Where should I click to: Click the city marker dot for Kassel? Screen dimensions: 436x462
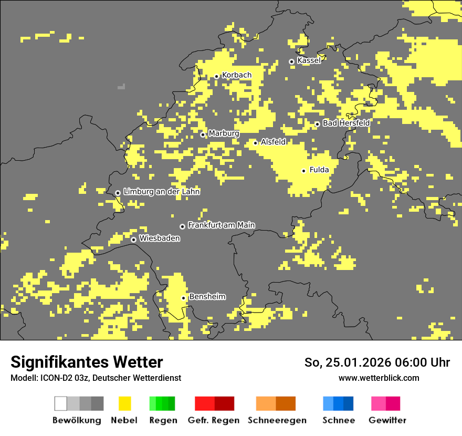(291, 61)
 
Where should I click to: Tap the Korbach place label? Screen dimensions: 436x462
(236, 75)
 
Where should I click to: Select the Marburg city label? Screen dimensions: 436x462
(224, 133)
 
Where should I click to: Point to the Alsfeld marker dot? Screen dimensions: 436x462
(255, 143)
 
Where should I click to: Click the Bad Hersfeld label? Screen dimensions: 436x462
(346, 123)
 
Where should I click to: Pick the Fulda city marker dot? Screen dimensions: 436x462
(303, 171)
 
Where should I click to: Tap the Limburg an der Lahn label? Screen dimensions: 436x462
(161, 192)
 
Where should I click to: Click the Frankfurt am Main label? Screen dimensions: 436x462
(221, 225)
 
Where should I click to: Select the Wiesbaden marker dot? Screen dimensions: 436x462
(133, 240)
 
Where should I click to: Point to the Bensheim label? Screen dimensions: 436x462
(207, 297)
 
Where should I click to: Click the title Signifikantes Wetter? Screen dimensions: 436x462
(87, 362)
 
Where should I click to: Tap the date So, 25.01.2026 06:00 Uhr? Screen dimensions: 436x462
(377, 362)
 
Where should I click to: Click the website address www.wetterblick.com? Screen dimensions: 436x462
(379, 378)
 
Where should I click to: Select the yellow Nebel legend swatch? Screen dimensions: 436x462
(124, 403)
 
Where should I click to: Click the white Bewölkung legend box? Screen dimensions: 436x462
(61, 403)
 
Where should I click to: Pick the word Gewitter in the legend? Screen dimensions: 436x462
(387, 420)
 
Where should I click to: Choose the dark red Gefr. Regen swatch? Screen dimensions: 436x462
(224, 403)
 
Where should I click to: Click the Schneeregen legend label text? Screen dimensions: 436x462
(277, 420)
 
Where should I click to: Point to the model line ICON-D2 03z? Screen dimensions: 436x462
(96, 378)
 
